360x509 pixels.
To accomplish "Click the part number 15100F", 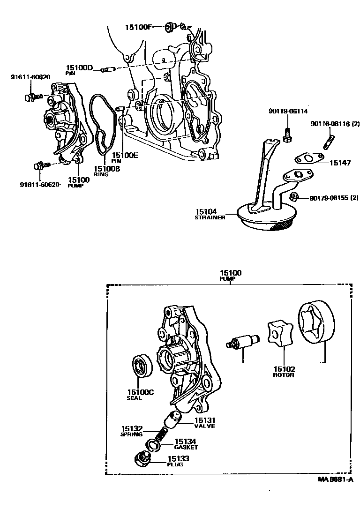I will click(x=138, y=27).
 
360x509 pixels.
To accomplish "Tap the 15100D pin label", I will click(x=78, y=68).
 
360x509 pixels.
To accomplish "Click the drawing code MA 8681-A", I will click(x=335, y=479).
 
